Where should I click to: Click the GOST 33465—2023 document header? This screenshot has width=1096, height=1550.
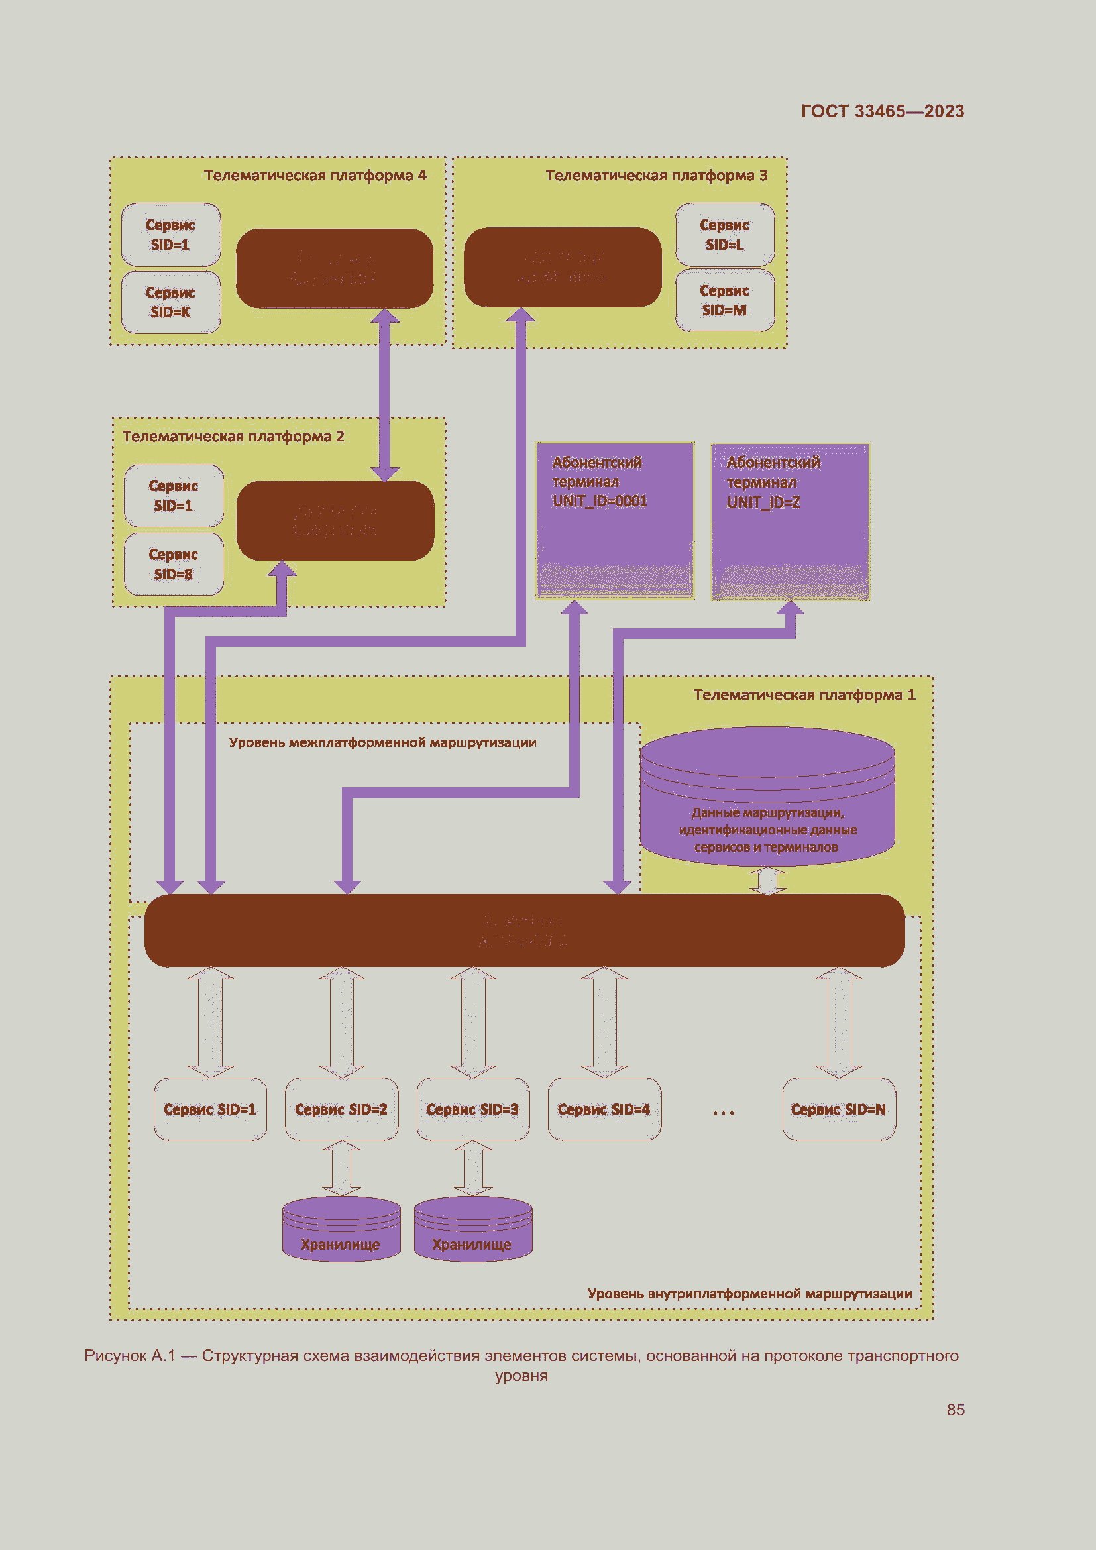pos(882,111)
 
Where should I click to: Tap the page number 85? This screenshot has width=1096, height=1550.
pos(955,1410)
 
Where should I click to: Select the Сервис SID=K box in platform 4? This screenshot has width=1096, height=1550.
pos(171,302)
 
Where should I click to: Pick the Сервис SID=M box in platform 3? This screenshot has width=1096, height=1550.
pos(725,300)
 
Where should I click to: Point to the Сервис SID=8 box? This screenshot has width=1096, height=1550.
pos(174,565)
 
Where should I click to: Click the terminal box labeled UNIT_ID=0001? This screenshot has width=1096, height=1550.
pos(614,520)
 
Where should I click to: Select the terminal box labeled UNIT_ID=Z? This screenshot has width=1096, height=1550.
pos(790,521)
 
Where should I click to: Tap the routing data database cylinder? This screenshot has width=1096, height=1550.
pos(767,797)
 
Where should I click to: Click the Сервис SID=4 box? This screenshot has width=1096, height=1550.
pos(604,1109)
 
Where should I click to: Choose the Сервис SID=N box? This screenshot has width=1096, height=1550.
pos(838,1109)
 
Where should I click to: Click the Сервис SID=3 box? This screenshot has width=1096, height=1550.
pos(472,1109)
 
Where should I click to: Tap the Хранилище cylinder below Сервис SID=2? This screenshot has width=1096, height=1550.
pos(341,1229)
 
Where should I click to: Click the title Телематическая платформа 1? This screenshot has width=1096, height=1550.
pos(804,694)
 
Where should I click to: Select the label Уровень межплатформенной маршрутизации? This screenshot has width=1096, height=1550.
pos(382,743)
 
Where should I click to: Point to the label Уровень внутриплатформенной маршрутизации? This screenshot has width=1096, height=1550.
pos(749,1294)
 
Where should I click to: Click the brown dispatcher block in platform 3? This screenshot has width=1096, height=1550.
pos(562,267)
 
